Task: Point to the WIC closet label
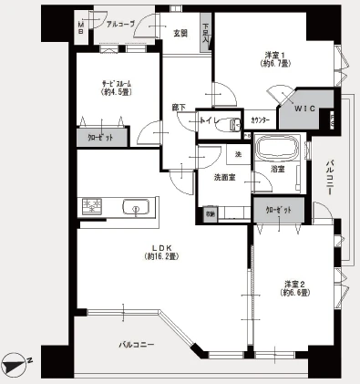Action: [304, 108]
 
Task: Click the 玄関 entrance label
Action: [180, 34]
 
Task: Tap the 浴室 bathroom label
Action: [277, 170]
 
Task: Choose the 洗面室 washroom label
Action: [226, 177]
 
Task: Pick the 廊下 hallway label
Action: [179, 108]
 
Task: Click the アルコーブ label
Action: [120, 25]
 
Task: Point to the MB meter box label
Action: [81, 27]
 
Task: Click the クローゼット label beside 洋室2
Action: [278, 211]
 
